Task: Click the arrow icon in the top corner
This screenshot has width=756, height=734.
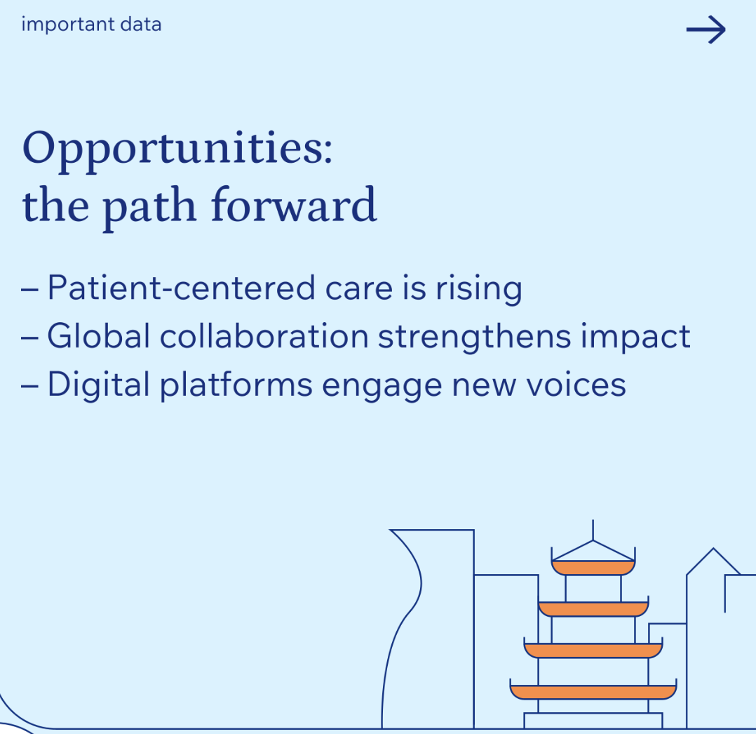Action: click(706, 29)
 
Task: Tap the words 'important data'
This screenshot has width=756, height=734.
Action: click(91, 24)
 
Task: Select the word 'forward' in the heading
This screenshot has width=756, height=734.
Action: click(294, 205)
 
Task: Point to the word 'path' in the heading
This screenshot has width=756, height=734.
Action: click(149, 208)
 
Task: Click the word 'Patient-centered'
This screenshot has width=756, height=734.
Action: click(181, 288)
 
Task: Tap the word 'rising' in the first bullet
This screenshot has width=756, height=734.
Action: click(479, 290)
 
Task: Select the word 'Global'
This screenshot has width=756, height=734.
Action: click(98, 335)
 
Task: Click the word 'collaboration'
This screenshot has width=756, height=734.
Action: click(264, 335)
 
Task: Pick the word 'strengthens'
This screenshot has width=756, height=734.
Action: click(474, 338)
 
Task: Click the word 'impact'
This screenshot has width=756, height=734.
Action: click(635, 338)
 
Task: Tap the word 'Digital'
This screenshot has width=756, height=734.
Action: click(98, 385)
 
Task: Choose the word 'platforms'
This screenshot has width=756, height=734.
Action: click(236, 385)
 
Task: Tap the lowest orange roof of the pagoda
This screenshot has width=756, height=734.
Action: click(593, 692)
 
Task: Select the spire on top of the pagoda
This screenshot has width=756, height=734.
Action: click(593, 530)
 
